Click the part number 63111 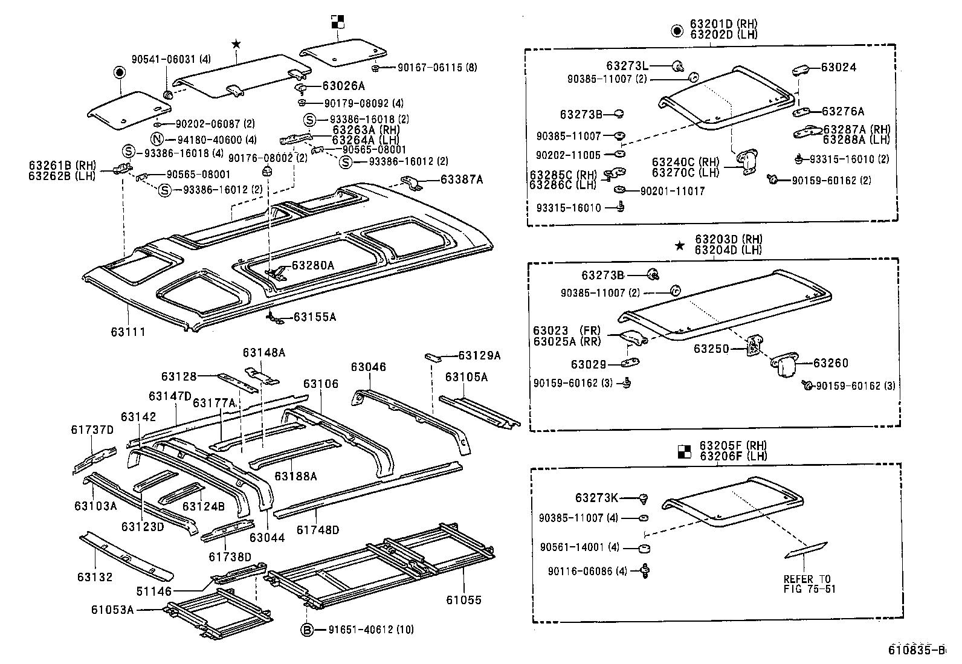[128, 332]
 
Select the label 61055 [464, 600]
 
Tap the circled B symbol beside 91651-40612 [307, 630]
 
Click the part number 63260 [831, 363]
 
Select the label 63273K [596, 498]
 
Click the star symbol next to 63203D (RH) [680, 245]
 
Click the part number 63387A [462, 179]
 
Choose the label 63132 [95, 577]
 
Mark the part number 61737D [92, 430]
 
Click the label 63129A [479, 356]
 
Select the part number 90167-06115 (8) [437, 68]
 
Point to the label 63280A [313, 265]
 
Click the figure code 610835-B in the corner [915, 650]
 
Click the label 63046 [368, 367]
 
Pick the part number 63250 [711, 349]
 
